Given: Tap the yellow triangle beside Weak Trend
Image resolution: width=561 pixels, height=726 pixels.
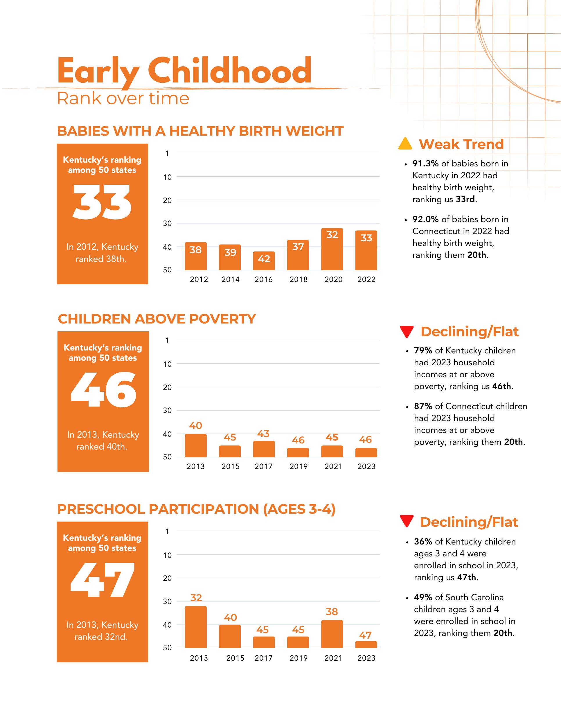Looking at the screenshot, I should [x=405, y=144].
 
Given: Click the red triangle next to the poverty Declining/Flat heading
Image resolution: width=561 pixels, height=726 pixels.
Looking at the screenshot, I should [x=407, y=331].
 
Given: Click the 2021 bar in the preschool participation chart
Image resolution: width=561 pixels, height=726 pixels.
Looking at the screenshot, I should [x=332, y=634].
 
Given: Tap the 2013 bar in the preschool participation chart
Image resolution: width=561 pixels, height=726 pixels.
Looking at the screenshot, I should [x=196, y=627].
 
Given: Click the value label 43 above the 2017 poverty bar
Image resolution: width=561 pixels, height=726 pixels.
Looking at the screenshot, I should [x=263, y=434].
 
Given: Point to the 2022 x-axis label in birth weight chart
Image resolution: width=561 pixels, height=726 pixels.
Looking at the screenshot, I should [x=366, y=280].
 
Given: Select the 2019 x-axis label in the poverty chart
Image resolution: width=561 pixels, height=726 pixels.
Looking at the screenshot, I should [x=299, y=466].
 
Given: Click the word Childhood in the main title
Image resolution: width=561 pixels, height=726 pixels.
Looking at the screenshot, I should [x=230, y=70].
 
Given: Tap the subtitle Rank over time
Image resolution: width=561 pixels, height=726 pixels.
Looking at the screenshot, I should [x=123, y=98].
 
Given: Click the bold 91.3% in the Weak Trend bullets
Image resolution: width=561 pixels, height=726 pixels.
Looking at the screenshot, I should [x=425, y=163].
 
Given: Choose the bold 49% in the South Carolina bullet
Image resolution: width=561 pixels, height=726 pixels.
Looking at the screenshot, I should [x=423, y=597].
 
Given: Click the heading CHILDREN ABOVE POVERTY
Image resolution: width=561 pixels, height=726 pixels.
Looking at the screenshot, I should [x=157, y=319].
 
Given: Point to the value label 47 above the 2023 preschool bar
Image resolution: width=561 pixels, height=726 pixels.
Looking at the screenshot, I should [x=365, y=635].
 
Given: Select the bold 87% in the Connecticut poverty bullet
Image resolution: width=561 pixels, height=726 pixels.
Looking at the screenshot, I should [x=423, y=406].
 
